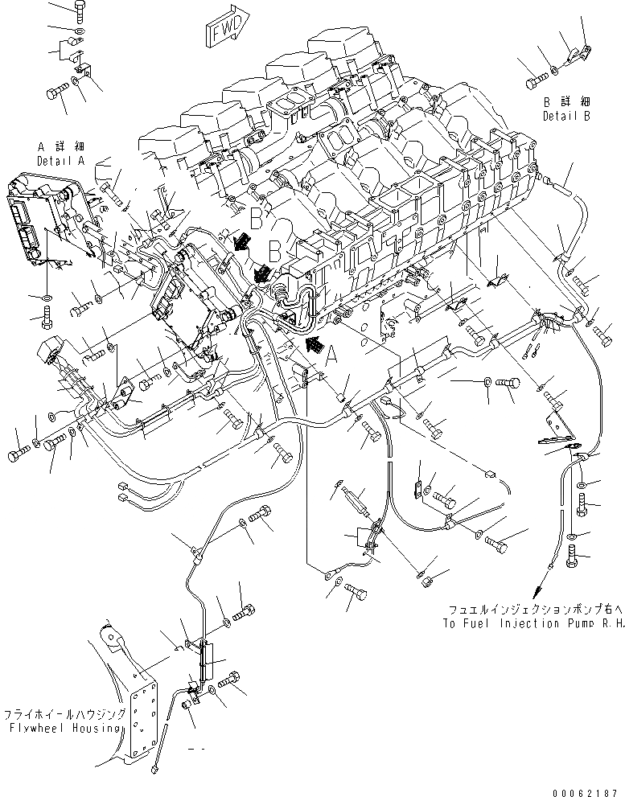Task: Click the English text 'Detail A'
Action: [60, 161]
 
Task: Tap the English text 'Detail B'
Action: [566, 116]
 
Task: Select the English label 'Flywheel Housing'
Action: [64, 728]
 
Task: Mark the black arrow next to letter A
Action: [316, 347]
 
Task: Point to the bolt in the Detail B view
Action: [537, 80]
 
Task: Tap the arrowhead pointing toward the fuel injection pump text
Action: [549, 569]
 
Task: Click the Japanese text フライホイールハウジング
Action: [64, 714]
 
